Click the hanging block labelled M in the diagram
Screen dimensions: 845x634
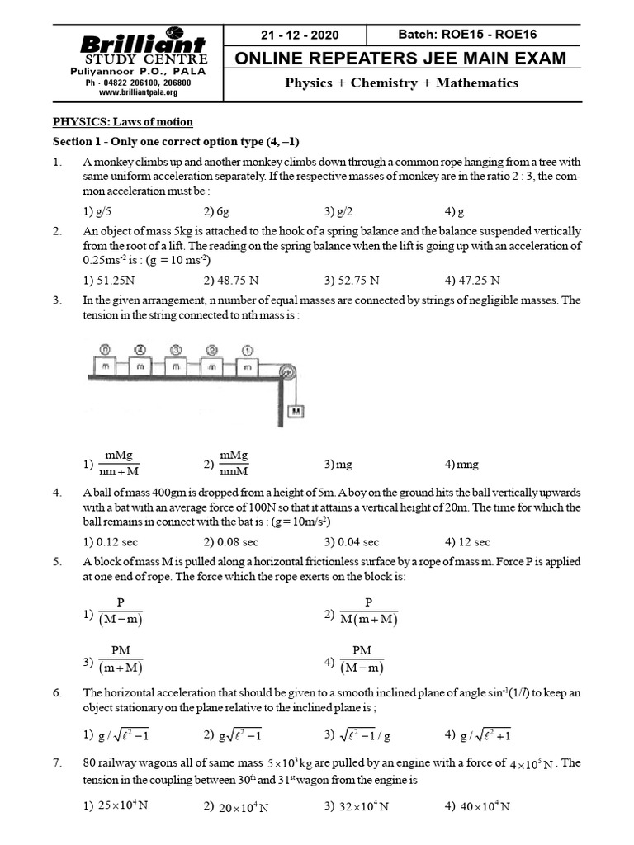coord(295,411)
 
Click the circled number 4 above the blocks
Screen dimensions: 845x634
coord(140,349)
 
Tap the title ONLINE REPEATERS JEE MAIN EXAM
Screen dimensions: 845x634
coord(401,58)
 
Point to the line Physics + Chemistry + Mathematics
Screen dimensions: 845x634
coord(401,83)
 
